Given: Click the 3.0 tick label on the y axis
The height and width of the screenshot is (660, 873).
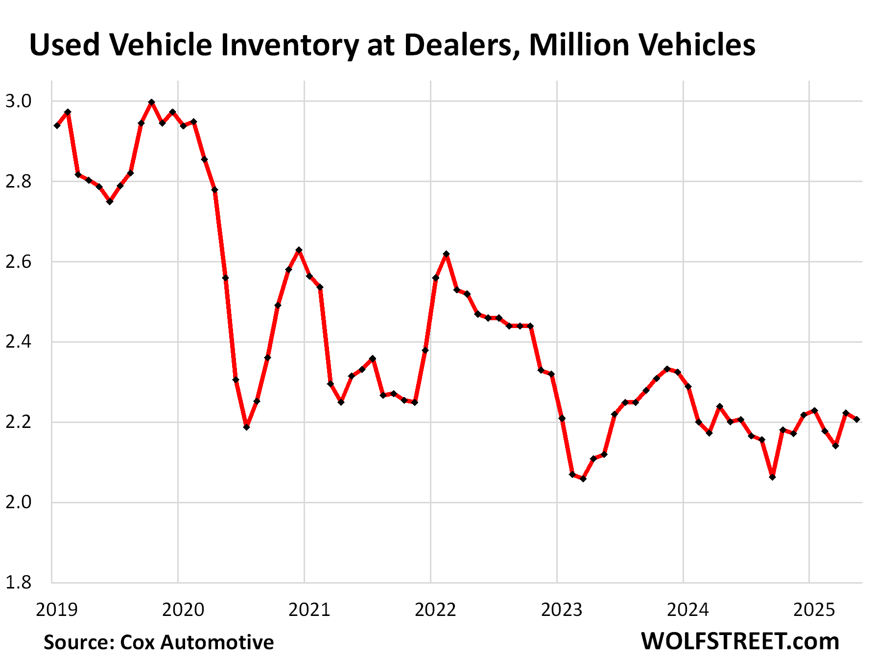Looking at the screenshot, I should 18,101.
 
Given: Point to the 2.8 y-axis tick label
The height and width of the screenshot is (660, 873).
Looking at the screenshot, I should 18,182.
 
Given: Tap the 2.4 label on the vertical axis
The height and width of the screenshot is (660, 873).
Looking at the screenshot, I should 18,342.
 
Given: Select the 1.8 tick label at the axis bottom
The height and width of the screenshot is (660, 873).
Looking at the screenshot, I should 18,582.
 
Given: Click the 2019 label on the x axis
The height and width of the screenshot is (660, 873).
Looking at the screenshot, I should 57,610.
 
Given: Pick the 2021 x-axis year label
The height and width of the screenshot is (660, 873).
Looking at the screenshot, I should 309,610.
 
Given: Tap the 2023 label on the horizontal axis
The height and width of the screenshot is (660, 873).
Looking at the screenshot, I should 562,610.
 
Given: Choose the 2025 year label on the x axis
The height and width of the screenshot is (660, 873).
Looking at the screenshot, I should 814,610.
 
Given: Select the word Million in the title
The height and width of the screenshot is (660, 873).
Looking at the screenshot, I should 579,45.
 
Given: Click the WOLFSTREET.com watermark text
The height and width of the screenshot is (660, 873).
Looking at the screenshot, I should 740,641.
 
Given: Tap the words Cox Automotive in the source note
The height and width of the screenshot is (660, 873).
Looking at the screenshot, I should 197,642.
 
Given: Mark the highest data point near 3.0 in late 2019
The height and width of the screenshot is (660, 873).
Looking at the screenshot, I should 152,102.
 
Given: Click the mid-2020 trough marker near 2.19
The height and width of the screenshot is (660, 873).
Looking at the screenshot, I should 246,427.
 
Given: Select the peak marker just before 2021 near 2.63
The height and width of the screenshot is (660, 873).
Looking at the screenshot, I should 299,250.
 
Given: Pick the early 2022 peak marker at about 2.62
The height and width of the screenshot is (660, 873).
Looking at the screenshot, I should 446,254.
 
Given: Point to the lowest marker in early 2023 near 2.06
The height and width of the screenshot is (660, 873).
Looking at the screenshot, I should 583,478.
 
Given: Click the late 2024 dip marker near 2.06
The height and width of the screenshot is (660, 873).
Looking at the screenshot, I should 772,477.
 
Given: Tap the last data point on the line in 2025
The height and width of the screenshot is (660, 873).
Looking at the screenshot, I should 856,419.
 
